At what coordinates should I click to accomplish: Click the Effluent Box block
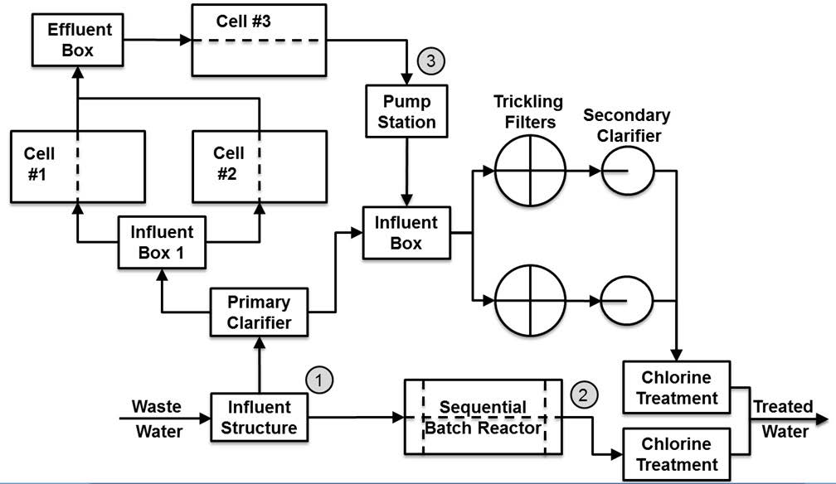tap(77, 40)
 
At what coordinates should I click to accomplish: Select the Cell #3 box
tap(259, 40)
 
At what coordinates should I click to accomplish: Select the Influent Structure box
tap(260, 417)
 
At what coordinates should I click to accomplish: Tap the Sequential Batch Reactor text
tap(483, 417)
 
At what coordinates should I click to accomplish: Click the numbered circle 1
tap(320, 380)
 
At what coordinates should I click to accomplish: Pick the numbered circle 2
tap(585, 394)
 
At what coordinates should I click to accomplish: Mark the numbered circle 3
tap(432, 60)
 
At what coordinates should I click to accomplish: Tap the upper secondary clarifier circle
tap(627, 172)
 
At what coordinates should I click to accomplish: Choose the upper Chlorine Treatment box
tap(677, 387)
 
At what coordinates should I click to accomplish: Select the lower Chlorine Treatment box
tap(677, 453)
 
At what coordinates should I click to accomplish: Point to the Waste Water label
tap(157, 419)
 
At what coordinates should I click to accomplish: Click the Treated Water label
tap(783, 419)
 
